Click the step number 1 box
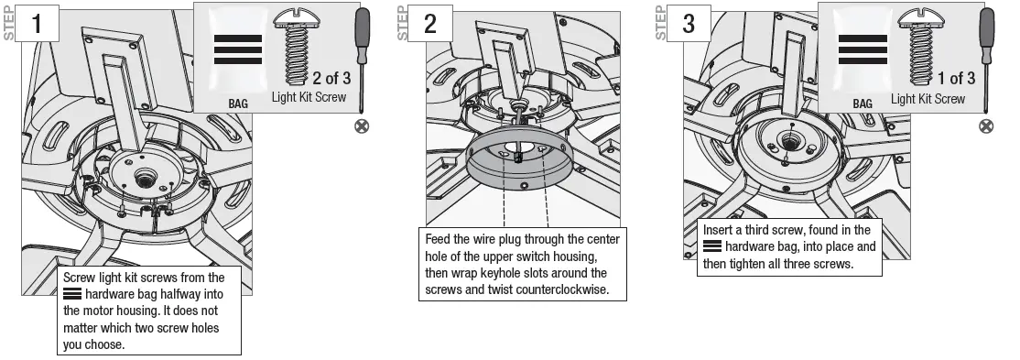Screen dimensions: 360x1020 38,25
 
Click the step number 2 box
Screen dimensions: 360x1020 430,25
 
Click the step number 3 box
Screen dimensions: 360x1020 688,25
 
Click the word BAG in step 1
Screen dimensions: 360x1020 238,104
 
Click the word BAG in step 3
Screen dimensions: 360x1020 863,104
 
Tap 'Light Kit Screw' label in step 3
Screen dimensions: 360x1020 928,99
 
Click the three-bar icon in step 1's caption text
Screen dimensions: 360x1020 71,295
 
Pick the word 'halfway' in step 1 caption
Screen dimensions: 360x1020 194,295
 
